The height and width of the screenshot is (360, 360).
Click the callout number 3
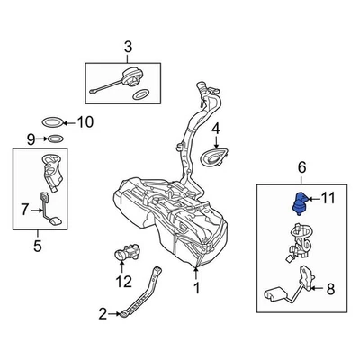(x=127, y=46)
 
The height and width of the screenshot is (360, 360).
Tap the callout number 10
(x=85, y=122)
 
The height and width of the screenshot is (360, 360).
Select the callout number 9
(x=30, y=139)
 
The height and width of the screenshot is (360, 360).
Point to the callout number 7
(x=25, y=211)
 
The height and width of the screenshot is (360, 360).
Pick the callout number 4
(x=216, y=129)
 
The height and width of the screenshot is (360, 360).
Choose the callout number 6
(x=301, y=167)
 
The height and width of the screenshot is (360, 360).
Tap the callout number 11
(x=329, y=197)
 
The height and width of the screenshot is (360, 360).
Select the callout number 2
(x=102, y=313)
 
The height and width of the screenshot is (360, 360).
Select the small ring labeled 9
(x=55, y=139)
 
